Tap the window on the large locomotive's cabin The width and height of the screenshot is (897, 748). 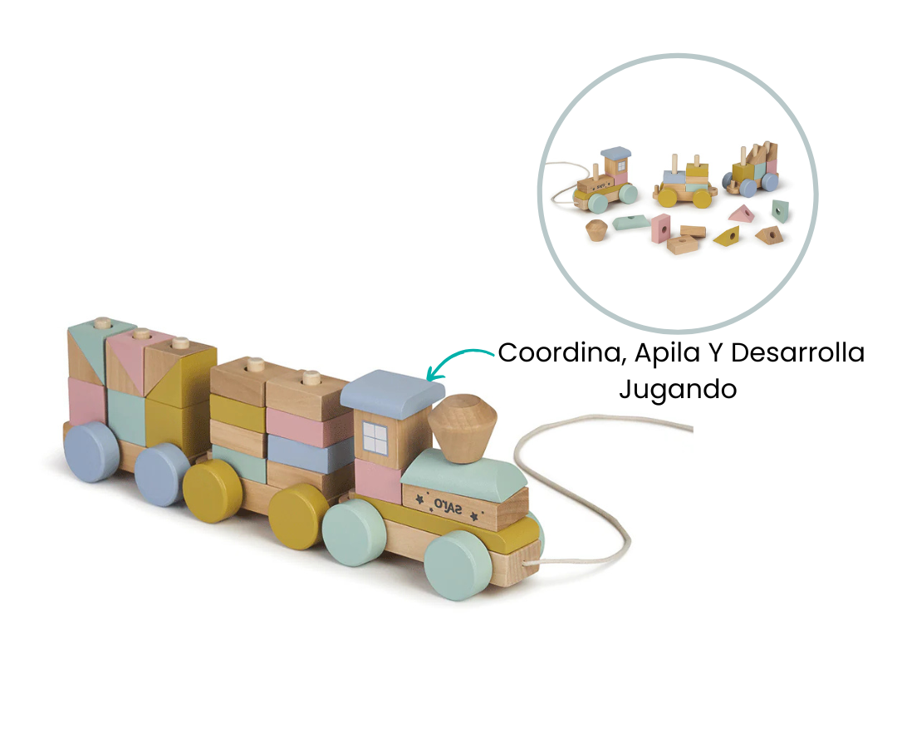coord(375,439)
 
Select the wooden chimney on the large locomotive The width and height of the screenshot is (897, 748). coord(463,427)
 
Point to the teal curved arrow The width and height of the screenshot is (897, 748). coord(456,358)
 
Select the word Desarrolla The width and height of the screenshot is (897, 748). coord(797,352)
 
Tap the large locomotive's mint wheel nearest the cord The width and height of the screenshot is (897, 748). coord(458,565)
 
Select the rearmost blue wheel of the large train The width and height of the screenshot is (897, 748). coord(91,452)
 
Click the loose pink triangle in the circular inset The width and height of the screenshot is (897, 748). coord(742,214)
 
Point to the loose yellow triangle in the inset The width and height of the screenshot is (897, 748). coord(727,236)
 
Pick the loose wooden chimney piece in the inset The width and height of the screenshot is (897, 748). coord(596,230)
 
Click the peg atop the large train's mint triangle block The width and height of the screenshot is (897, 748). coord(103,322)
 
